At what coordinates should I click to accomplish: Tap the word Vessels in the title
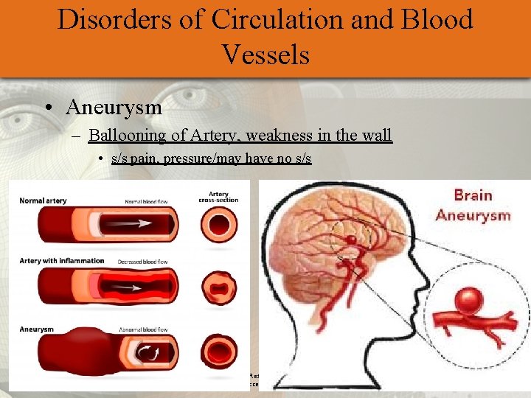[x=265, y=55]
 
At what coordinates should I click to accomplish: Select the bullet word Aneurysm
[x=114, y=107]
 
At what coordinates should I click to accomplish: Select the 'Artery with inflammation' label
[x=62, y=261]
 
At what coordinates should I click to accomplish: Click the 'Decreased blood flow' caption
[x=142, y=261]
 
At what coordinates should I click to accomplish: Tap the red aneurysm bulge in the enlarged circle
[x=469, y=302]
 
